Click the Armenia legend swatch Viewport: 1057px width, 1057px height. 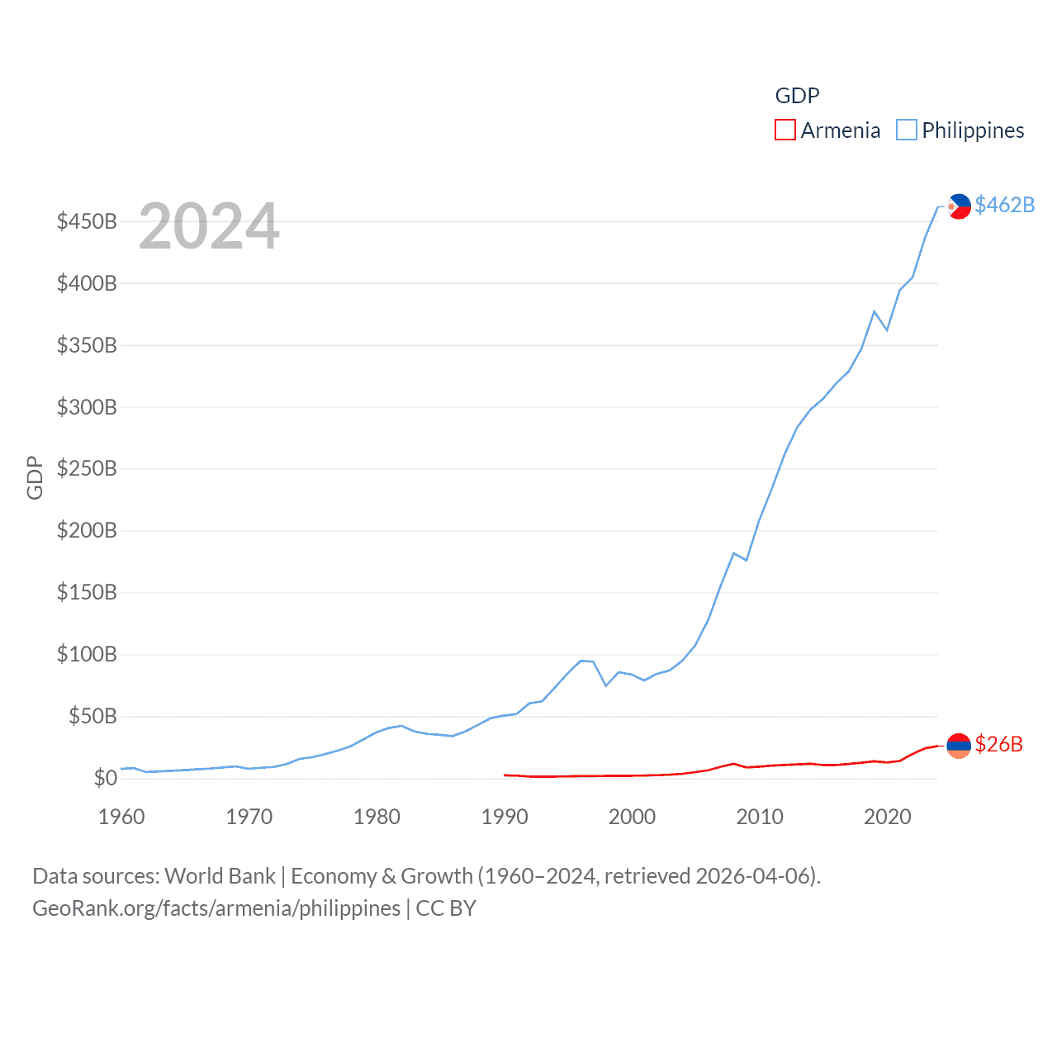pyautogui.click(x=784, y=130)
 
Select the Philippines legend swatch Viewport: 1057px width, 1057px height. pyautogui.click(x=906, y=130)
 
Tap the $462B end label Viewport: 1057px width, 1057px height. pyautogui.click(x=1004, y=205)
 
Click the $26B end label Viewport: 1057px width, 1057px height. pyautogui.click(x=998, y=744)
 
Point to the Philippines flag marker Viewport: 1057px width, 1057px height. pyautogui.click(x=958, y=206)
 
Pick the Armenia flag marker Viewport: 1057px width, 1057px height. pyautogui.click(x=958, y=746)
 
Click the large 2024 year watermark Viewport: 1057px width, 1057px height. pyautogui.click(x=209, y=226)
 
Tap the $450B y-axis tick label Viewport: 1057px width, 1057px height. pyautogui.click(x=87, y=221)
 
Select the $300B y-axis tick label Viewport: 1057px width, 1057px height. pyautogui.click(x=87, y=407)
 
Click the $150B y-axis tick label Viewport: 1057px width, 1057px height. pyautogui.click(x=87, y=593)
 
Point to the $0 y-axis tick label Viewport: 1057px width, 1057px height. pyautogui.click(x=105, y=778)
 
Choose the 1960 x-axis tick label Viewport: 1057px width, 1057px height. pyautogui.click(x=121, y=817)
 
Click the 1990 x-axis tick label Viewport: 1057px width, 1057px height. pyautogui.click(x=505, y=817)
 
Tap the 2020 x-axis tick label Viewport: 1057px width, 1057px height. pyautogui.click(x=887, y=817)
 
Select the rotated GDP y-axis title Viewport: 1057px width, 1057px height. pyautogui.click(x=35, y=477)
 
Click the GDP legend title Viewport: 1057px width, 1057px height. pyautogui.click(x=797, y=96)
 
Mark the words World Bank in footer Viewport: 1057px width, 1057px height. pyautogui.click(x=220, y=875)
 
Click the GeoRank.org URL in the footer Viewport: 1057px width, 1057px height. pyautogui.click(x=216, y=908)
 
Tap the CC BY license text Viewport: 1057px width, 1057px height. pyautogui.click(x=446, y=908)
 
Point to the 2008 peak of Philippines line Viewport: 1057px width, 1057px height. pyautogui.click(x=733, y=553)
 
